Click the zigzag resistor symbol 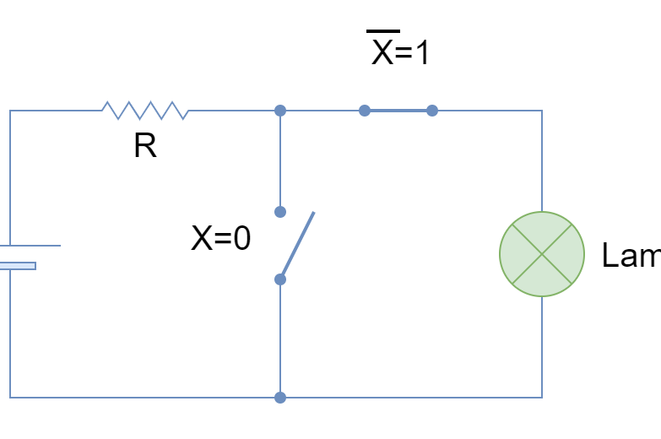[144, 111]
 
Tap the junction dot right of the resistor [280, 111]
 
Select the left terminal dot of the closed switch [365, 111]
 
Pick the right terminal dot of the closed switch [432, 111]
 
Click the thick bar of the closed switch [398, 111]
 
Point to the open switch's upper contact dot [280, 212]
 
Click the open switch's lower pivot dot [280, 279]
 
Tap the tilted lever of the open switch [298, 244]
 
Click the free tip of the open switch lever [314, 213]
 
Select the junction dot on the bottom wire [280, 398]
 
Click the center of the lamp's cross [542, 254]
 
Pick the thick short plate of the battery [17, 266]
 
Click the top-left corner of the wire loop [10, 111]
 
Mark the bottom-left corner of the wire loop [10, 398]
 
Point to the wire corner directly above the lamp [542, 111]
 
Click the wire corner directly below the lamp [542, 398]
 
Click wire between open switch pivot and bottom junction [280, 338]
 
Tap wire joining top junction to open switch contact [280, 160]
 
